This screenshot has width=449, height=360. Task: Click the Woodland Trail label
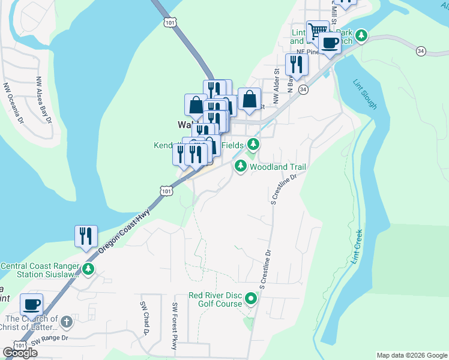274,167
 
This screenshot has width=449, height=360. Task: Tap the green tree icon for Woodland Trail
241,166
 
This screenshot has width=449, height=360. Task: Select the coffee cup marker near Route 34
330,43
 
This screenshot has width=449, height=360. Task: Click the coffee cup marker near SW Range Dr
31,304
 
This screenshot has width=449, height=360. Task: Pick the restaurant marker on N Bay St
296,64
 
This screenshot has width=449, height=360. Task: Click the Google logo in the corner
20,353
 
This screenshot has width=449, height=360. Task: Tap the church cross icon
67,322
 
